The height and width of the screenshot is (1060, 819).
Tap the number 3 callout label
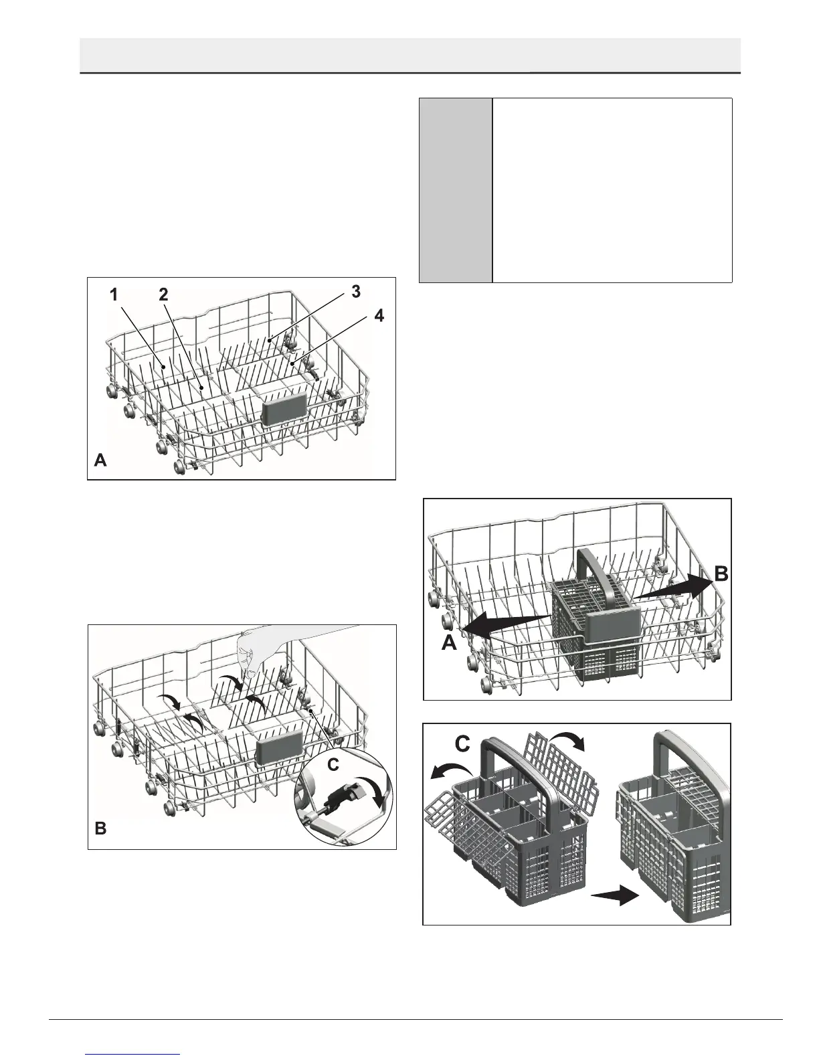(356, 291)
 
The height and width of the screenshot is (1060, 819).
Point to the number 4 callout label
(379, 317)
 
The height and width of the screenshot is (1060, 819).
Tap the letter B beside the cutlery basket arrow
(721, 573)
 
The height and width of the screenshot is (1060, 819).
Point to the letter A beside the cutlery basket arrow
(449, 643)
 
